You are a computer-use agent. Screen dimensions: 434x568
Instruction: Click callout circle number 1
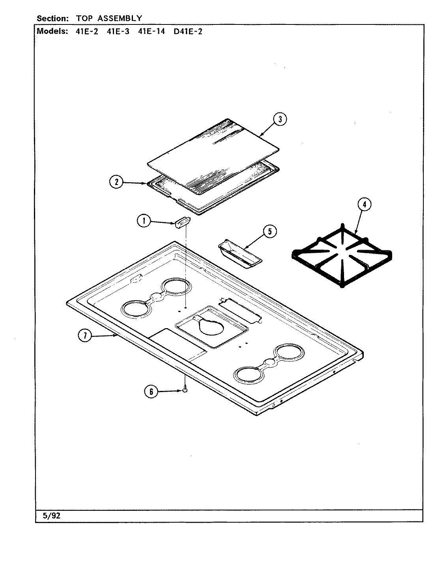coord(144,221)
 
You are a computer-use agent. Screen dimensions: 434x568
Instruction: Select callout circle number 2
coord(116,182)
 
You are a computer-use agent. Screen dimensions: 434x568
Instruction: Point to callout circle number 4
coord(364,204)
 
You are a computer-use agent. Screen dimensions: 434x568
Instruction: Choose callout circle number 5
coord(270,232)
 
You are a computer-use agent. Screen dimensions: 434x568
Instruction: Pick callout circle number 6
coord(151,392)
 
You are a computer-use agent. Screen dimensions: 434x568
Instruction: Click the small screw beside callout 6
coord(185,390)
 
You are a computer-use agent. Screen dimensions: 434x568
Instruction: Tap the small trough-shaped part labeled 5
coord(239,255)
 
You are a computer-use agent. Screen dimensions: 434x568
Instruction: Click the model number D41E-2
coord(188,32)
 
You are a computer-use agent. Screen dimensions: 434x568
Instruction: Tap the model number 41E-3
coord(118,32)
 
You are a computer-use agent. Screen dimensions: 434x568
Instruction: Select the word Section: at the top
coord(52,18)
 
